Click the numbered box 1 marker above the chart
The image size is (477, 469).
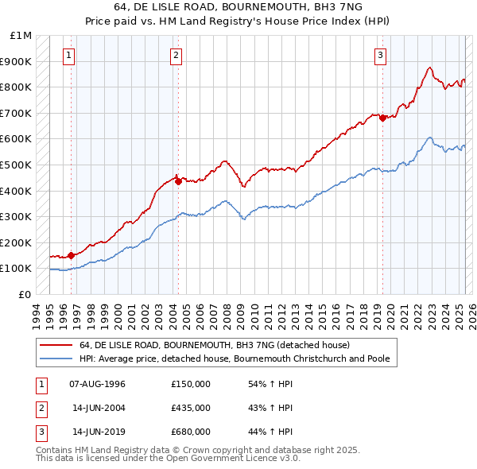(x=70, y=55)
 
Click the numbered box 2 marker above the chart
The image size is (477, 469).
(x=176, y=55)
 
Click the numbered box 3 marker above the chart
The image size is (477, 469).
(x=381, y=55)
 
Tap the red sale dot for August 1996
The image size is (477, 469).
(x=71, y=255)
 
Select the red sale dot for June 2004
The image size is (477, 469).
(x=178, y=181)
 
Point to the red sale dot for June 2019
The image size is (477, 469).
(x=382, y=118)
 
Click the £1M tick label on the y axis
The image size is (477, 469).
(x=21, y=36)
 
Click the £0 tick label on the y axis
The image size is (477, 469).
(x=25, y=294)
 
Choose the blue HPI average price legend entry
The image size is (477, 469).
(x=234, y=359)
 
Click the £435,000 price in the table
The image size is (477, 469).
(x=191, y=408)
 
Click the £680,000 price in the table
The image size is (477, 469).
(x=191, y=432)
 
